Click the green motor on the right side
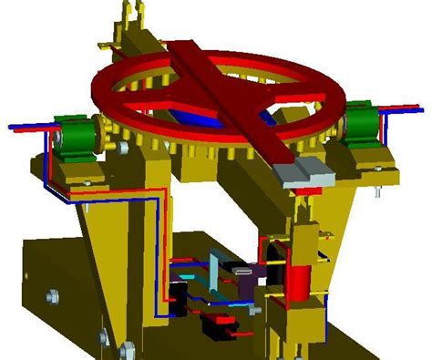[363, 122]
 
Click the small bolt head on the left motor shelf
[85, 182]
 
